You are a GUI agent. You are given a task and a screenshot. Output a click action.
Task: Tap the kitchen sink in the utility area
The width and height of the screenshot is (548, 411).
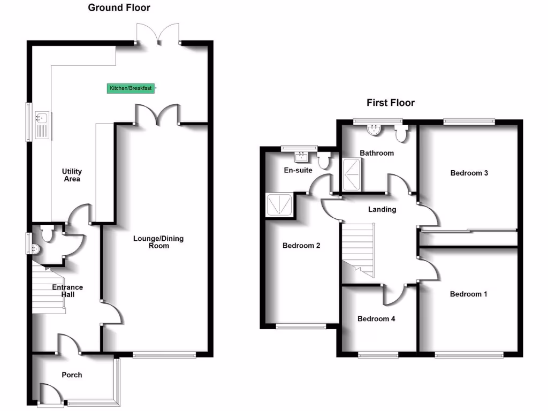[43, 125]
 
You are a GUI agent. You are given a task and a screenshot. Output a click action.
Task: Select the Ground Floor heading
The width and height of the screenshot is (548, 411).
[119, 7]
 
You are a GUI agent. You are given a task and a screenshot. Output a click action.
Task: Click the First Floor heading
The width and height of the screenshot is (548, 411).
[390, 103]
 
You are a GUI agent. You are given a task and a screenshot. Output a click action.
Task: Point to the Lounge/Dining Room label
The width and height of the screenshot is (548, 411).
[158, 242]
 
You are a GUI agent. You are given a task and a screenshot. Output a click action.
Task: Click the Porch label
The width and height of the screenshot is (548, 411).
[72, 375]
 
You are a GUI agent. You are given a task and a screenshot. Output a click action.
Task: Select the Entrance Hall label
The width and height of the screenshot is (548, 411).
[67, 291]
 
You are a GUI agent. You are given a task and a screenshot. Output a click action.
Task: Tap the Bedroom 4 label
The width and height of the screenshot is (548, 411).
[376, 319]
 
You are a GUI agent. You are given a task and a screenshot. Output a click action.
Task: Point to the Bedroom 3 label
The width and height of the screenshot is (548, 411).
[469, 173]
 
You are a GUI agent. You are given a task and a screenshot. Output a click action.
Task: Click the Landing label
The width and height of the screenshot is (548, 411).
[382, 209]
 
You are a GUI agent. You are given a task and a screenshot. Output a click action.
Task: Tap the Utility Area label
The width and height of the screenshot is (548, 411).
[72, 175]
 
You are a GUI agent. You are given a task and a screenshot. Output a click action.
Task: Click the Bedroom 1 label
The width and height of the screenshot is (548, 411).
[468, 294]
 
